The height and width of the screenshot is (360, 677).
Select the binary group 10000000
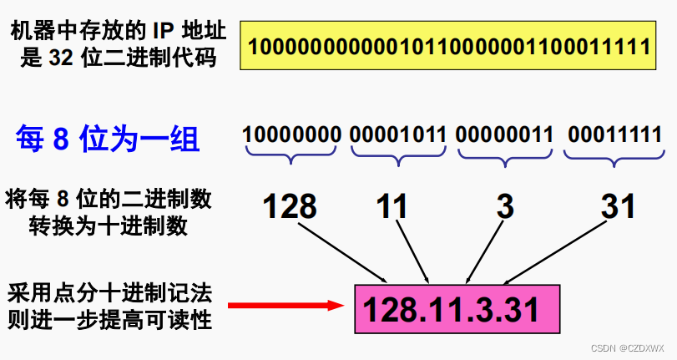tap(292, 134)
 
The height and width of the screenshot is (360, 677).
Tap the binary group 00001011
tap(398, 134)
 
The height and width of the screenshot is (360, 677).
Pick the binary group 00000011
tap(504, 134)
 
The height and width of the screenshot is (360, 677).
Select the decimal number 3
tap(503, 205)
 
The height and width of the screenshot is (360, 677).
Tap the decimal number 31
tap(618, 205)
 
